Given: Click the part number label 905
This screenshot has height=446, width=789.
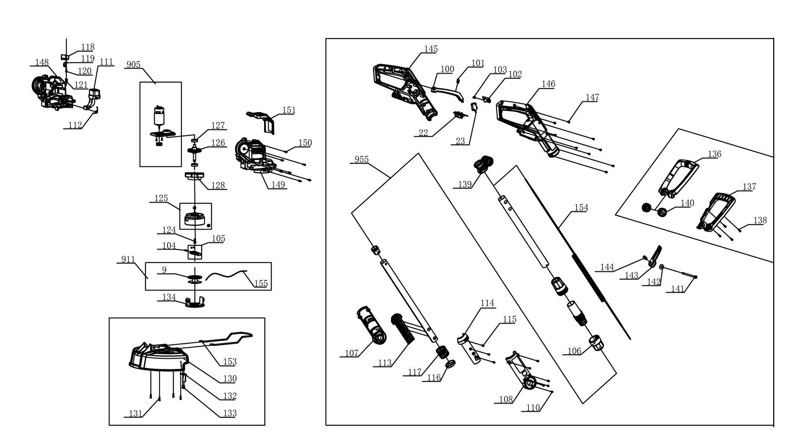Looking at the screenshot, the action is point(134,65).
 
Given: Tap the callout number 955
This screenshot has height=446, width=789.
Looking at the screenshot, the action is point(362,159).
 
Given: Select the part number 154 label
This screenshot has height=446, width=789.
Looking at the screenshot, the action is point(581,208).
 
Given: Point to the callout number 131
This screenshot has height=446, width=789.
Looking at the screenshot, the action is point(135,414).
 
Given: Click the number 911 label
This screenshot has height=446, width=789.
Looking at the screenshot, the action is point(128,260).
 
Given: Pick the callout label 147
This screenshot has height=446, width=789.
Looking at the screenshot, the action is point(592,97).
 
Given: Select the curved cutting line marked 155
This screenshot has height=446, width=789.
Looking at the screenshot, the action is point(226,275).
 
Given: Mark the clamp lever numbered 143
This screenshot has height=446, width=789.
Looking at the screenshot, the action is point(655,257).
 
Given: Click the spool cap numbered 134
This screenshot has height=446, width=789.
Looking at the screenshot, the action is point(195,302).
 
